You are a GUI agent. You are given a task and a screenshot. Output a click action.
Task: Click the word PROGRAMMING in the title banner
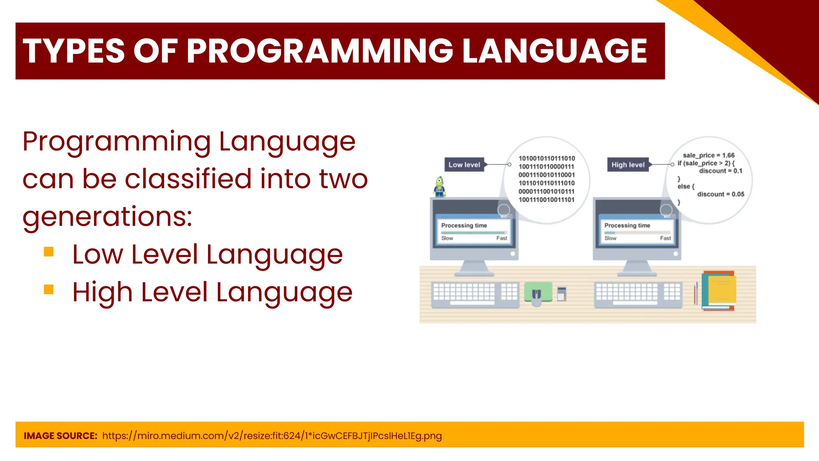[x=320, y=51]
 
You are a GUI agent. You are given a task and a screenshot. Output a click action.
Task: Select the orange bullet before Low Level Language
[x=49, y=252]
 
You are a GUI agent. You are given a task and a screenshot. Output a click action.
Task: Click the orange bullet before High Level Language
[x=49, y=289]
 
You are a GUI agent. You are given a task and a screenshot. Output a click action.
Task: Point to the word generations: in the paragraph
[x=107, y=216]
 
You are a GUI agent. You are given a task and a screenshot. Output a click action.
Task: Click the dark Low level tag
[x=464, y=164]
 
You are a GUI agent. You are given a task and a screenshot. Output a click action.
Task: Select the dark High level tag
[x=628, y=164]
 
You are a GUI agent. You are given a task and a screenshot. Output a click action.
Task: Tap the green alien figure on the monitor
[x=439, y=187]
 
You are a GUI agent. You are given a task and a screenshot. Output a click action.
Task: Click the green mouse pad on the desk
[x=538, y=292]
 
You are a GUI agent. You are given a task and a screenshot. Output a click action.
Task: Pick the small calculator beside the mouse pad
[x=562, y=294]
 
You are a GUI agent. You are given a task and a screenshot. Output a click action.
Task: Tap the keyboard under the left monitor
[x=475, y=294]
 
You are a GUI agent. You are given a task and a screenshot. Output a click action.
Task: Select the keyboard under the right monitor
[x=638, y=294]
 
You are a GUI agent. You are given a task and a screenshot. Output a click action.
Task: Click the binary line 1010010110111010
[x=547, y=158]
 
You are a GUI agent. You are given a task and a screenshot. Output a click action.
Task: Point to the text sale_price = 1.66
[x=709, y=155]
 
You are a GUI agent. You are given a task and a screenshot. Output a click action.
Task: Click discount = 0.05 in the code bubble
[x=721, y=194]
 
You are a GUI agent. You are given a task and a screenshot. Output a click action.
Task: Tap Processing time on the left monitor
[x=464, y=225]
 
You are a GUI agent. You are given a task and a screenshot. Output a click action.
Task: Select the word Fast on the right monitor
[x=665, y=238]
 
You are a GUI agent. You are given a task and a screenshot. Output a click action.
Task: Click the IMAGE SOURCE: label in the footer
[x=60, y=436]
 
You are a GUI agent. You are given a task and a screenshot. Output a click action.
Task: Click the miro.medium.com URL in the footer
[x=272, y=436]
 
